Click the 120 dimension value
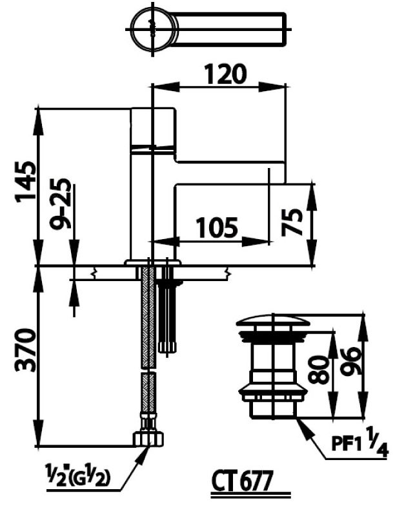225,74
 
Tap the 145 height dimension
24,183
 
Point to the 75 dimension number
294,222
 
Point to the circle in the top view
154,27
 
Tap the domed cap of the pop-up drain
273,321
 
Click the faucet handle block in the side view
152,128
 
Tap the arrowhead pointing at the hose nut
140,453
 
